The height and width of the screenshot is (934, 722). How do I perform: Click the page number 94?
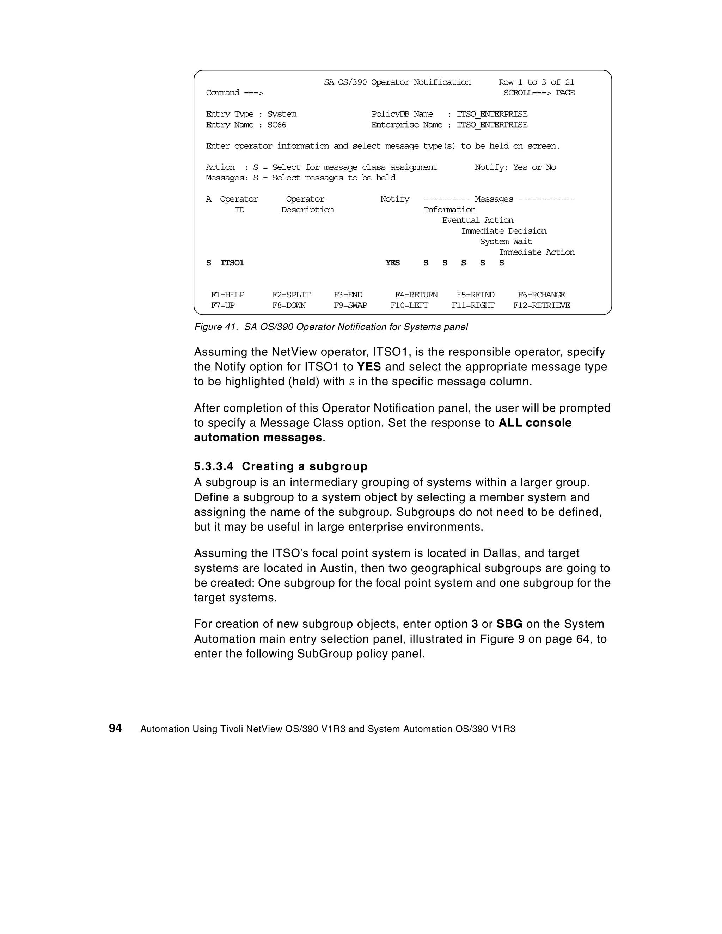tap(115, 728)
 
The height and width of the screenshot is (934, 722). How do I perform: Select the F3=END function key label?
tap(348, 295)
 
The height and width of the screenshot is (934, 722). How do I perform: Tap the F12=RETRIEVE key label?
tap(541, 305)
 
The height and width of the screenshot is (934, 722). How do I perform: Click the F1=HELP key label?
tap(227, 295)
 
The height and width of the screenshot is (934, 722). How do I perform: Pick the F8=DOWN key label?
tap(289, 305)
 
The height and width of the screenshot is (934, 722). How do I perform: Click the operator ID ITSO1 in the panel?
tap(232, 262)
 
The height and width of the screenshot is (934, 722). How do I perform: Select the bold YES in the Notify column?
tap(392, 262)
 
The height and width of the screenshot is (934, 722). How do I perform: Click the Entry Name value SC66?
tap(276, 125)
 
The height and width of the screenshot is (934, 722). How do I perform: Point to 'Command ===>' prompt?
tap(234, 93)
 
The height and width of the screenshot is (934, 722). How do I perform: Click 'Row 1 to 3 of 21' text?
tap(536, 82)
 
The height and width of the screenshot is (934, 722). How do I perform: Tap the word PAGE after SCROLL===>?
tap(565, 93)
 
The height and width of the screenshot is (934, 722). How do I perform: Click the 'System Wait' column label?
tap(506, 242)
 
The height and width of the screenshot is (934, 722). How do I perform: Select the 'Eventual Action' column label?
tap(478, 220)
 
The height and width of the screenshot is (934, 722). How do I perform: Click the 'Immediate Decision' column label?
tap(504, 231)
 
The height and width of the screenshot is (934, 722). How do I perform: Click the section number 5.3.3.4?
tap(214, 466)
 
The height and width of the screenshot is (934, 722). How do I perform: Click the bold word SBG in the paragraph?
tap(509, 624)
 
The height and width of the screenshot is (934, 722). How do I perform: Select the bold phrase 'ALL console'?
tap(535, 422)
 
